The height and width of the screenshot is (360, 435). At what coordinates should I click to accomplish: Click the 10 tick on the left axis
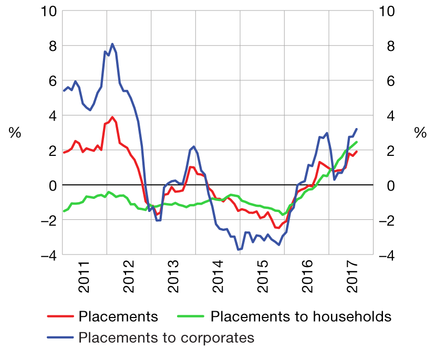[x=47, y=11]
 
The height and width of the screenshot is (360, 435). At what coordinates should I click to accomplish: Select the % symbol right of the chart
[x=420, y=133]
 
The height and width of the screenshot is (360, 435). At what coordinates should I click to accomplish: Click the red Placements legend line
[x=59, y=316]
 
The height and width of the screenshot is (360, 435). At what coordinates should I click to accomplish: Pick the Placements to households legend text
[x=301, y=316]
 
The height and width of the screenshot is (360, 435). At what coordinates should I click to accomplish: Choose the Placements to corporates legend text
[x=166, y=337]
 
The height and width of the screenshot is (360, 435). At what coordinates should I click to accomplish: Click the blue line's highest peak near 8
[x=112, y=44]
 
